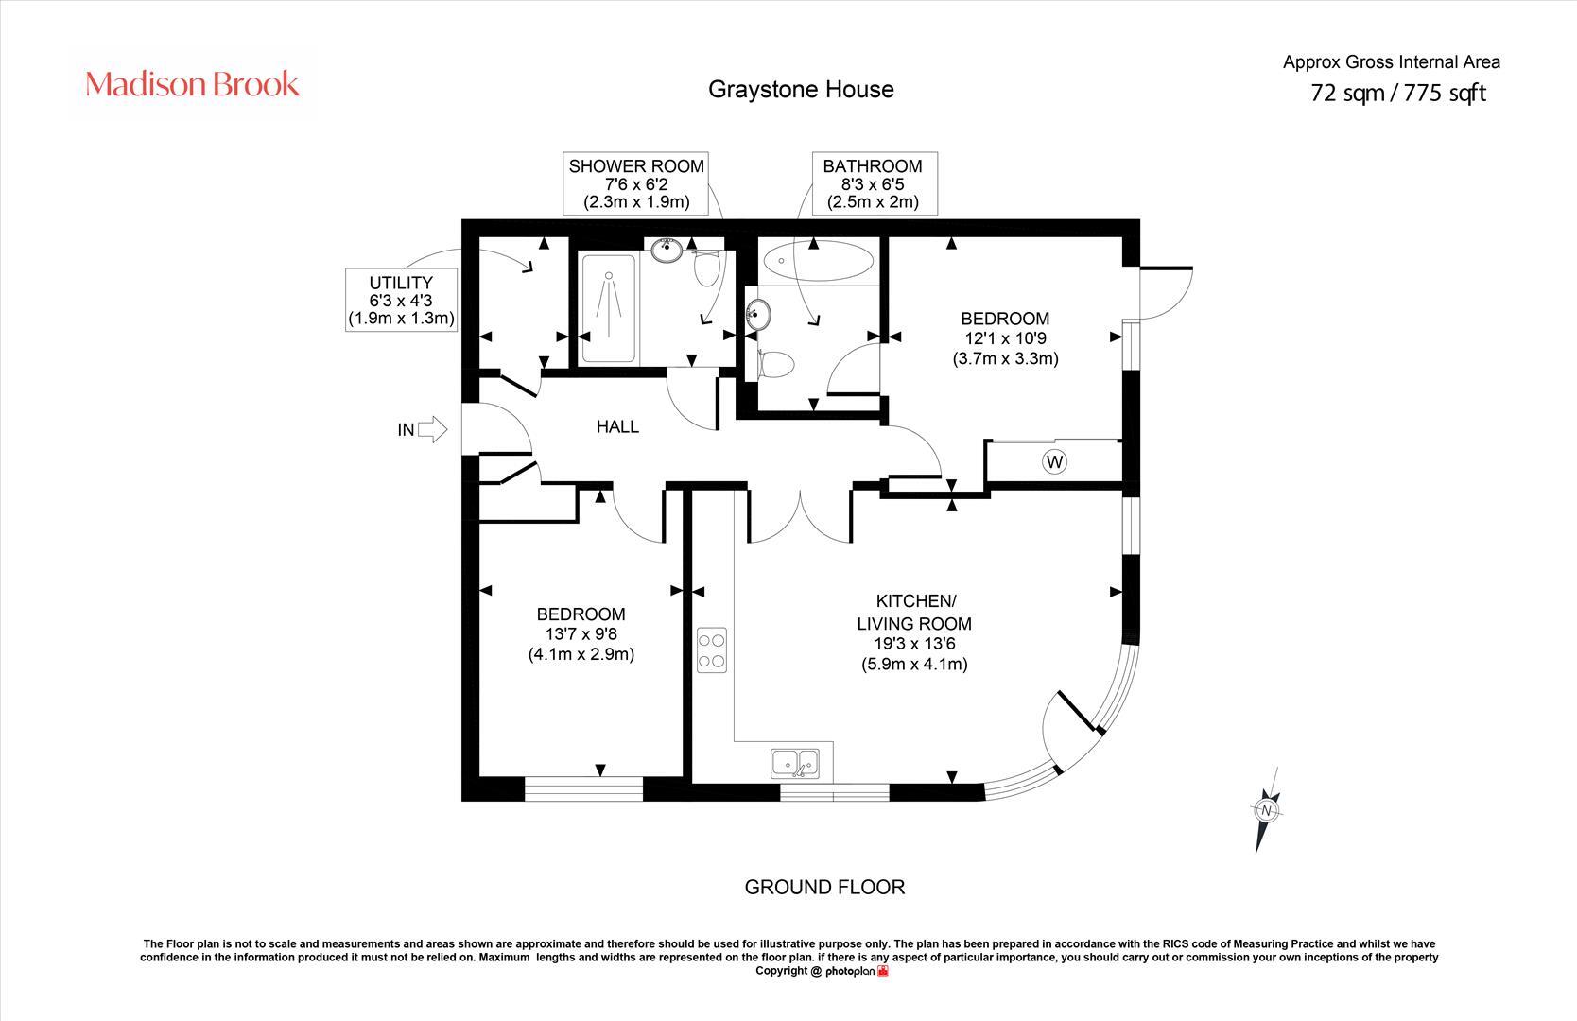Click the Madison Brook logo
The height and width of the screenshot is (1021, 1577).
(193, 85)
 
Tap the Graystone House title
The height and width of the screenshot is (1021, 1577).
(801, 89)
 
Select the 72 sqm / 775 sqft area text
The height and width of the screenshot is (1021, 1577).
(1397, 93)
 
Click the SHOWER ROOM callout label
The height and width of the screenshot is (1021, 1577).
(635, 183)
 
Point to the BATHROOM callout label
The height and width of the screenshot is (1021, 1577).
(872, 183)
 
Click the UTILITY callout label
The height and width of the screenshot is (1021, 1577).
(401, 300)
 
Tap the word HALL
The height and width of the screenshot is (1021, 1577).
(617, 426)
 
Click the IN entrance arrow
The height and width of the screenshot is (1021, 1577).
(431, 429)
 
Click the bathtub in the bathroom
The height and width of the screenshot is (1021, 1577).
(818, 260)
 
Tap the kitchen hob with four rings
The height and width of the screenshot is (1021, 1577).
(712, 650)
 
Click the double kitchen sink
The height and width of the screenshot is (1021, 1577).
(795, 762)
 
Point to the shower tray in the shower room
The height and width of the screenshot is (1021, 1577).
(609, 307)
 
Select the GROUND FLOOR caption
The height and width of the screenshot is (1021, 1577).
(824, 887)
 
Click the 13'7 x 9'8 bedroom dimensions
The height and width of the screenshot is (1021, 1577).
(581, 634)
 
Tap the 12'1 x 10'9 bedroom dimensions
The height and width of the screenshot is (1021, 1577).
(1005, 338)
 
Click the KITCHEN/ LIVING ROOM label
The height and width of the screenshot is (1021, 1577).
(914, 613)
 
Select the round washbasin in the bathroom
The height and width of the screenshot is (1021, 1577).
(758, 314)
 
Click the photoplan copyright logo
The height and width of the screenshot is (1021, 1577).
(857, 971)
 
